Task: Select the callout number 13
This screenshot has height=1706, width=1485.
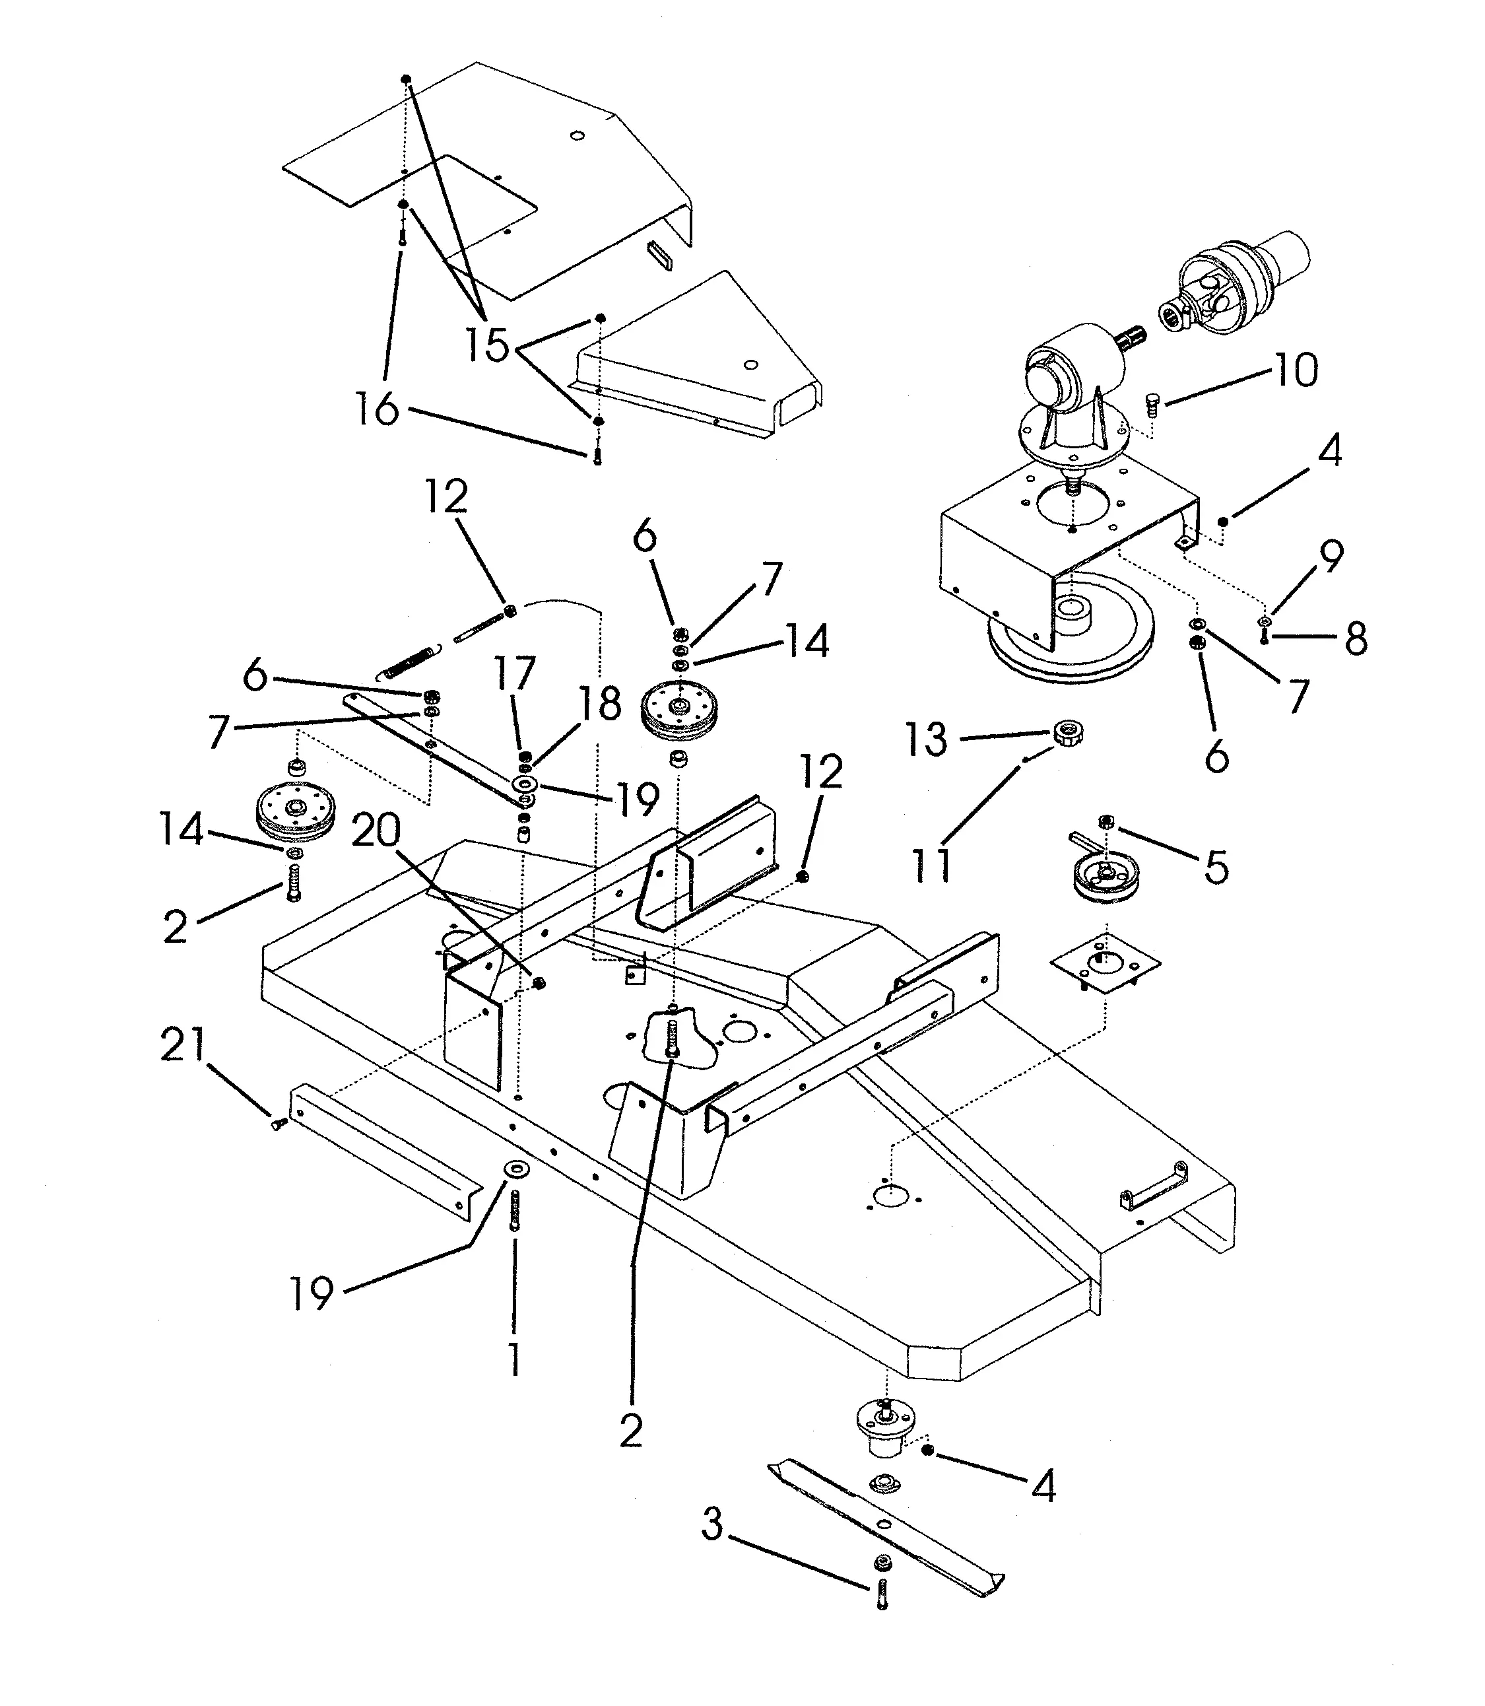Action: pyautogui.click(x=925, y=739)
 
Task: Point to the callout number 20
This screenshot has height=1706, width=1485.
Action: pyautogui.click(x=376, y=829)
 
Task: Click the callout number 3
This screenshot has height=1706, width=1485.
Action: pyautogui.click(x=713, y=1524)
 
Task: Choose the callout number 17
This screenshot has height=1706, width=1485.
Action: pyautogui.click(x=515, y=673)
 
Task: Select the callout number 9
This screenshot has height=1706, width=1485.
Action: pyautogui.click(x=1330, y=556)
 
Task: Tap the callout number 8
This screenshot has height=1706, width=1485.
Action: pyautogui.click(x=1355, y=638)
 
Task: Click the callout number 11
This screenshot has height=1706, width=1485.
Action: pyautogui.click(x=931, y=866)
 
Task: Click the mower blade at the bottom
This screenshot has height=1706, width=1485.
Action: pyautogui.click(x=884, y=1528)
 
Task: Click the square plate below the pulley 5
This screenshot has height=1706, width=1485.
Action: pyautogui.click(x=1105, y=963)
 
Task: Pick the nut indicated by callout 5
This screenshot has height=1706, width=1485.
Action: pyautogui.click(x=1105, y=821)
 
